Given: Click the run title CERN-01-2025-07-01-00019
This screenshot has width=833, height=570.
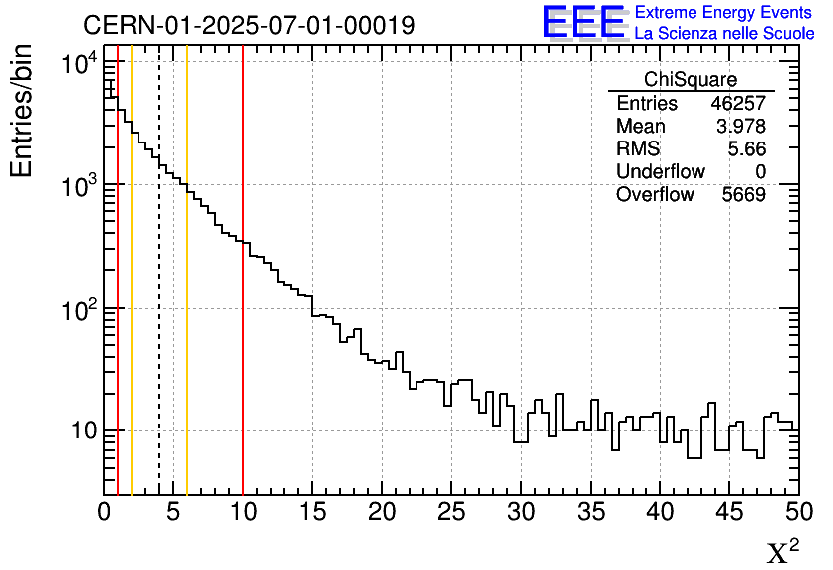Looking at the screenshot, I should [248, 25].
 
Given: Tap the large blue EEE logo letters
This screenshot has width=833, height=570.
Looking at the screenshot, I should [584, 22].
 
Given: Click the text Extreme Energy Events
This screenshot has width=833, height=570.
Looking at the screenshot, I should [724, 13].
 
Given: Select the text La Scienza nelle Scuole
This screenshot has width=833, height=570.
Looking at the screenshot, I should [724, 33].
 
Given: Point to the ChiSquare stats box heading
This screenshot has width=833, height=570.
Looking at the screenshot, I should [691, 80].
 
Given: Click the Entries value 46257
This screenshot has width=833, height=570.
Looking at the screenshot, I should [738, 104].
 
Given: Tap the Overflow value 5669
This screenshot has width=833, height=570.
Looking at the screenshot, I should [743, 195].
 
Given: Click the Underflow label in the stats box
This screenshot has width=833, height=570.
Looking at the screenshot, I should [660, 172].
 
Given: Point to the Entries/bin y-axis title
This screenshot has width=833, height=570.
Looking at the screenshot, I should [22, 111].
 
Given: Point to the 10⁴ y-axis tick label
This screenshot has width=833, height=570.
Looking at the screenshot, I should [78, 65].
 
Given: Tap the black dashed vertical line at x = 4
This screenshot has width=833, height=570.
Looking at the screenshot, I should [159, 299].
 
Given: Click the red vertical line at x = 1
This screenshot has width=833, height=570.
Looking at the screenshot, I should [118, 299].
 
